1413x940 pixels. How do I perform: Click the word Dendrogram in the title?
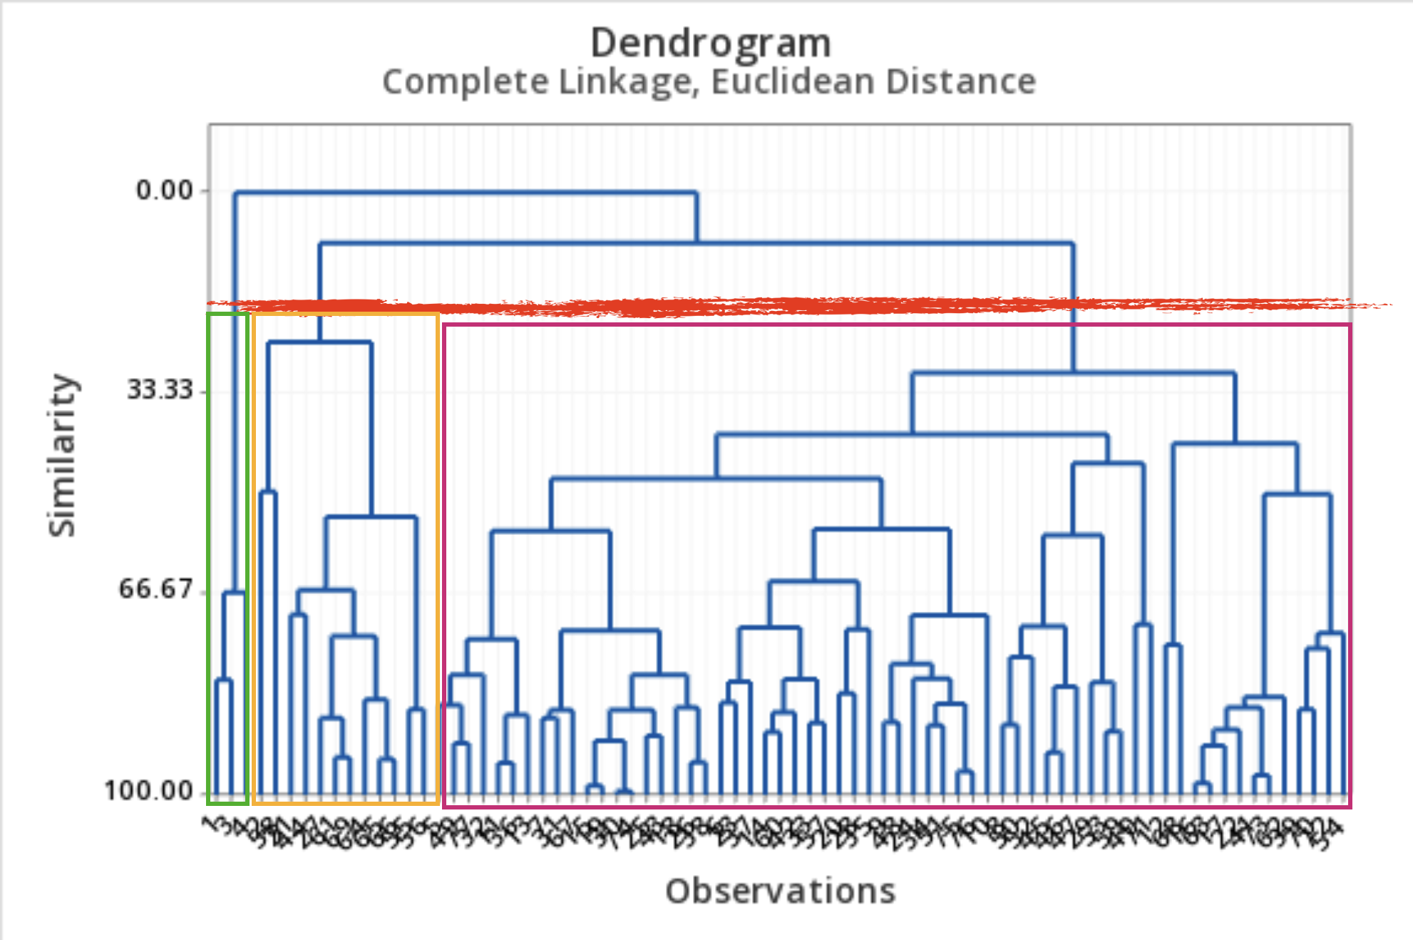[711, 43]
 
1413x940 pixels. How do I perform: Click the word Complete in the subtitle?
[466, 82]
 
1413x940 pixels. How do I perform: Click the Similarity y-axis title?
[62, 455]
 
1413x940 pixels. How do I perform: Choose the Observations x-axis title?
[780, 892]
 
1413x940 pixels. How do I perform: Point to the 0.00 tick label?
[165, 190]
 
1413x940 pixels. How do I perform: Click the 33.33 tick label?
[160, 389]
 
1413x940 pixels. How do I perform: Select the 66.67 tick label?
[155, 589]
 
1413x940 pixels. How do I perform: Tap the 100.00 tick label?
[149, 790]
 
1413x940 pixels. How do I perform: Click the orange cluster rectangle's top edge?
[346, 315]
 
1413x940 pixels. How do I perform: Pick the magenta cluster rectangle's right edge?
[1350, 563]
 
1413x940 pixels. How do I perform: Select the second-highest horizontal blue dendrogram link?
[696, 244]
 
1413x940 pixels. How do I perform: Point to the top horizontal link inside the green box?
[234, 593]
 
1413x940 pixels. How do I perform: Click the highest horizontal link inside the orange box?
[319, 343]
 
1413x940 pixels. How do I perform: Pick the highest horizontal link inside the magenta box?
[1073, 372]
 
